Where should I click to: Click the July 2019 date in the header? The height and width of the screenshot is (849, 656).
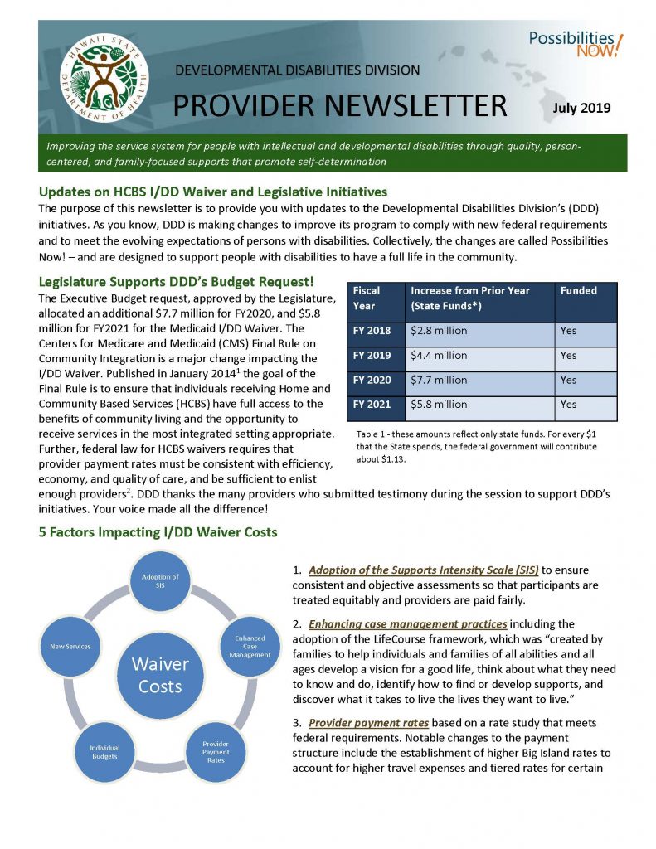point(581,108)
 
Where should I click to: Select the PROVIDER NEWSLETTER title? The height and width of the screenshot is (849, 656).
point(339,106)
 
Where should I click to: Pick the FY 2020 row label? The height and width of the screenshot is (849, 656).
point(372,381)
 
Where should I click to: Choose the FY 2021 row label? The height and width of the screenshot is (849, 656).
point(372,405)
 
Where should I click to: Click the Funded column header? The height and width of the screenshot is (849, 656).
point(578,291)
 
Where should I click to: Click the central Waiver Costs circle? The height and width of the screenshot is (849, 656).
point(159,675)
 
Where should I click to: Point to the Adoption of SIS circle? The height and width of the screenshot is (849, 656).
point(160,580)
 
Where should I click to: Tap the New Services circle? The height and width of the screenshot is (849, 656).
point(70,646)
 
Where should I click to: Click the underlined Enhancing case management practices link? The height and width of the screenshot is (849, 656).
point(408,623)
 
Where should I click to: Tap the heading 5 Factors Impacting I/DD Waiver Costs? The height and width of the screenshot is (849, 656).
point(158,531)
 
